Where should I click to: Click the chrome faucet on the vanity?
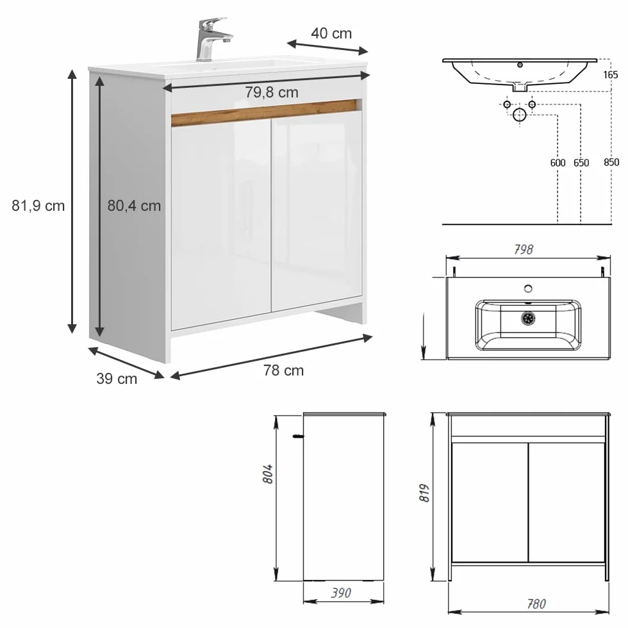point(210,40)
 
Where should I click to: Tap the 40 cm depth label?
point(331,33)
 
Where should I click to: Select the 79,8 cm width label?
point(272,92)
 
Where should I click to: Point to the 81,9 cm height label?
point(38,206)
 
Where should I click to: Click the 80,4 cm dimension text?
point(134,206)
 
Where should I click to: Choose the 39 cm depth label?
point(117,379)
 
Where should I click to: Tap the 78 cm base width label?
point(283,370)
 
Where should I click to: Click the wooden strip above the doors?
point(264,113)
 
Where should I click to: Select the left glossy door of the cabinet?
point(222,222)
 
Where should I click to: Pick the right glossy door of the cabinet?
point(317,210)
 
